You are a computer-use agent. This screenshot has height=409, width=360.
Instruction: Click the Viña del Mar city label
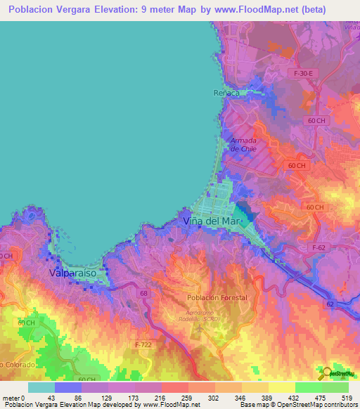tap(212, 221)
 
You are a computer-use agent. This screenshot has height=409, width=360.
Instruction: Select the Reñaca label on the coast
tap(226, 93)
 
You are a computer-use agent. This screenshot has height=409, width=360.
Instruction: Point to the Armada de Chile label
tap(243, 145)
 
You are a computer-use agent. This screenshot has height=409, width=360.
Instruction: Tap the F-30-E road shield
tap(304, 73)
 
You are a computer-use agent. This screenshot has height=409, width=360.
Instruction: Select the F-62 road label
tap(321, 248)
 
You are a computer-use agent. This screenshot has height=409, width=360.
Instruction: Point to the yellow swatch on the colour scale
tap(281, 387)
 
